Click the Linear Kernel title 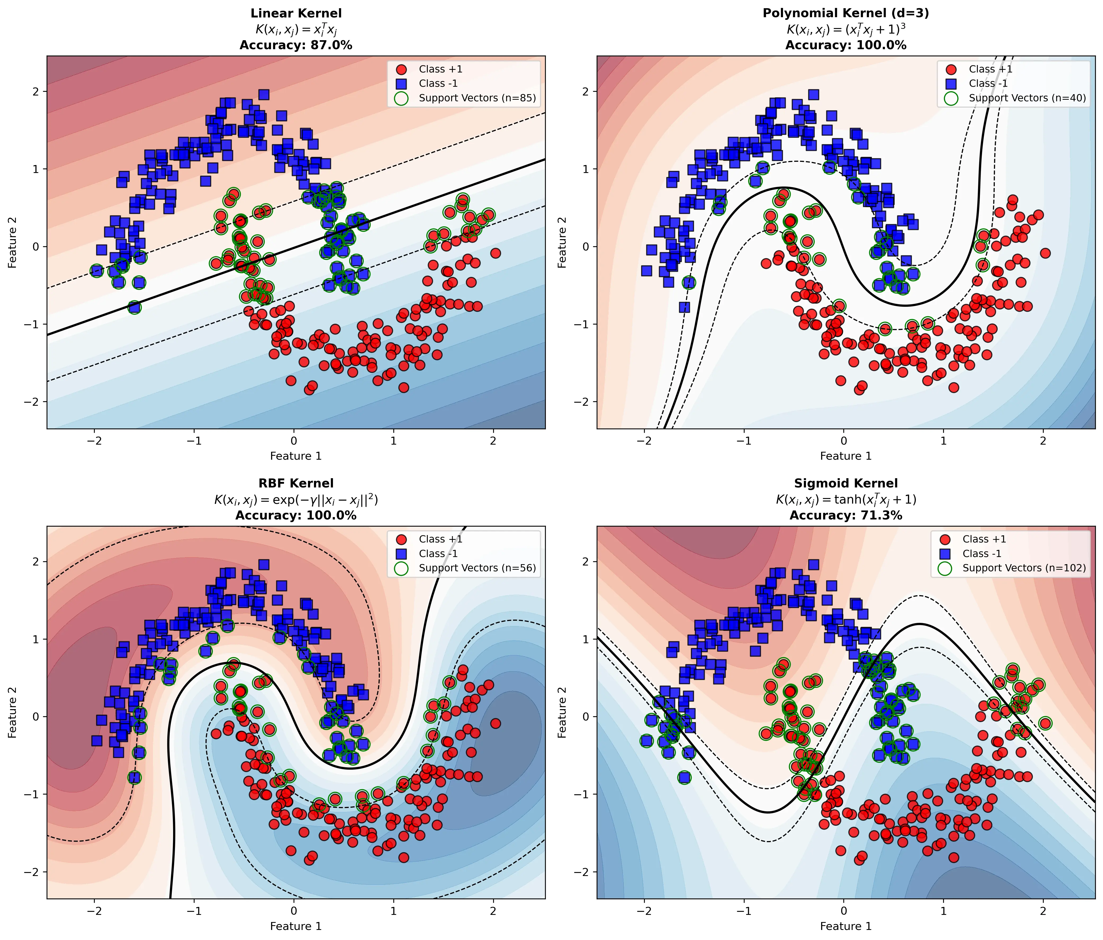(296, 13)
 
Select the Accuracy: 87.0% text (296, 45)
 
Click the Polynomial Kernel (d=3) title (846, 13)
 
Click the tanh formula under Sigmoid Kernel (846, 500)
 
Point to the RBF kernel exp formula (296, 500)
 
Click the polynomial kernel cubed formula (846, 29)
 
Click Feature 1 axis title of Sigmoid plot (846, 926)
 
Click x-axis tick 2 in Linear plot (493, 441)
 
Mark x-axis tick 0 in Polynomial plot (844, 441)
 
